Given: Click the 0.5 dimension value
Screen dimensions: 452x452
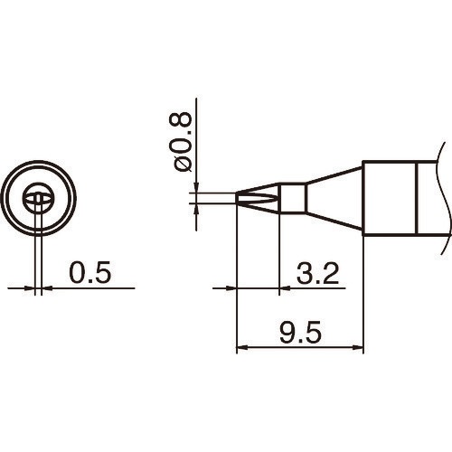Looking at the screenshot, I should (x=89, y=272).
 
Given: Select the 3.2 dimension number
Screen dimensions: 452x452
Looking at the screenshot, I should (x=317, y=272).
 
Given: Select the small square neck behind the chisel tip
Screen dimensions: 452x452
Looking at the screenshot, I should (x=292, y=196).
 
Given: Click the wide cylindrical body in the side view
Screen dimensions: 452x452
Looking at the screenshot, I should (x=389, y=196).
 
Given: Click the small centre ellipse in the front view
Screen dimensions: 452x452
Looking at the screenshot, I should (x=38, y=199).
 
